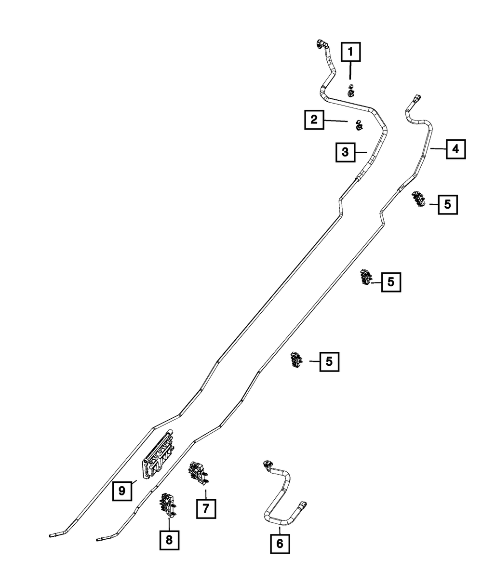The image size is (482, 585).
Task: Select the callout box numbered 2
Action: [314, 120]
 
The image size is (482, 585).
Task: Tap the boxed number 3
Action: [346, 152]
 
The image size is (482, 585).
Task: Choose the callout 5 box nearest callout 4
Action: [448, 204]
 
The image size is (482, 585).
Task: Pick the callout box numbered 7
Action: [206, 508]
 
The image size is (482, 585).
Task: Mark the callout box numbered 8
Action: [169, 540]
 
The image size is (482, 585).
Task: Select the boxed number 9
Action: [122, 491]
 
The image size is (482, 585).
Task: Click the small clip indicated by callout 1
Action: [351, 89]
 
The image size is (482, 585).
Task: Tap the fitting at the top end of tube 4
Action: [416, 100]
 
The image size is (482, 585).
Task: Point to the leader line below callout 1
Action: [350, 72]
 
